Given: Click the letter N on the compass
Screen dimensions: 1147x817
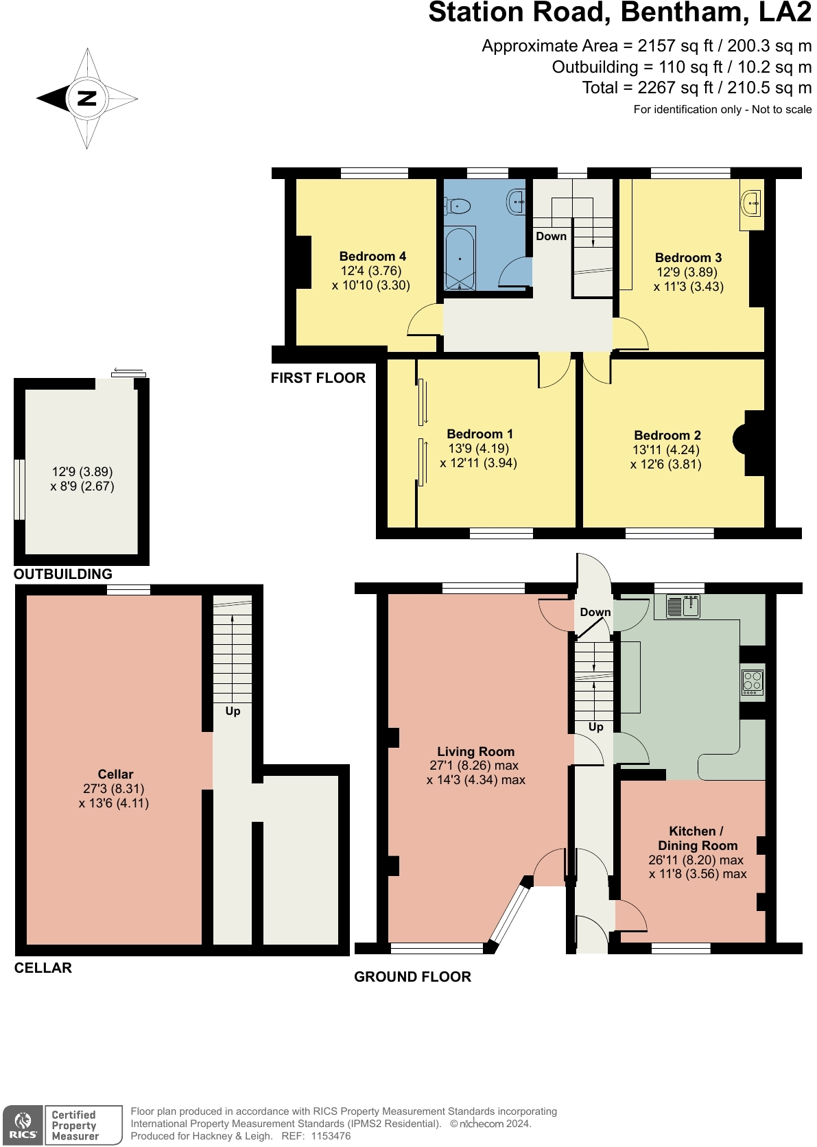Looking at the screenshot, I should click(87, 98).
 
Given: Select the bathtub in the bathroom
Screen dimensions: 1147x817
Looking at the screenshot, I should click(459, 259).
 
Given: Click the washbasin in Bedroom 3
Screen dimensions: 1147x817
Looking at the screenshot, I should click(752, 202).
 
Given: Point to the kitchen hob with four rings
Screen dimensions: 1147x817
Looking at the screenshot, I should click(753, 681).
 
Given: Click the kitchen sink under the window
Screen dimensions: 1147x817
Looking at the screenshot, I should click(683, 606).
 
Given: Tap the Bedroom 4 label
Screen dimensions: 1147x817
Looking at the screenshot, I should click(372, 256).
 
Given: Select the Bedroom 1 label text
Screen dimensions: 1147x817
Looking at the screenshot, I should click(479, 434).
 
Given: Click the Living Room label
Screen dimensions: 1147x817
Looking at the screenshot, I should click(475, 751).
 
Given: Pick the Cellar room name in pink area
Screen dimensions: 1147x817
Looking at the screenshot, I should click(115, 774).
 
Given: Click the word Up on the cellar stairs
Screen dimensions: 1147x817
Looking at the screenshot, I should click(233, 711).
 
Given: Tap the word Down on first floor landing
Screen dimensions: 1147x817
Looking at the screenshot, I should click(551, 236).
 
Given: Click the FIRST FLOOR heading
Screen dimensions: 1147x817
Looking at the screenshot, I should click(318, 378).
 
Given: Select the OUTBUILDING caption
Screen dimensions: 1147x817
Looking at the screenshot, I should click(62, 574).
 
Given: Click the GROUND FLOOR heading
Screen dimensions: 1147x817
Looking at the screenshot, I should click(412, 977).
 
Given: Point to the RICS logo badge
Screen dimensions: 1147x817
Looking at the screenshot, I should click(23, 1125).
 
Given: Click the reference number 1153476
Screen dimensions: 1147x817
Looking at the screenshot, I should click(331, 1136).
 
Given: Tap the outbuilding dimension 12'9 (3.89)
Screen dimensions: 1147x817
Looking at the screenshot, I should click(82, 471).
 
